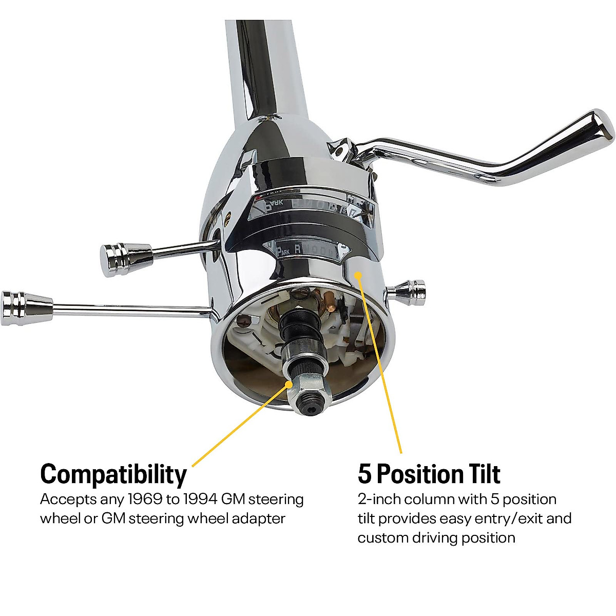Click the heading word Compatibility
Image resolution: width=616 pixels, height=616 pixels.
[x=113, y=474]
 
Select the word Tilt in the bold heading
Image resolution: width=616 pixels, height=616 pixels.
[x=477, y=474]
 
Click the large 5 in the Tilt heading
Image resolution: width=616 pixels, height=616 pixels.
[x=364, y=474]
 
